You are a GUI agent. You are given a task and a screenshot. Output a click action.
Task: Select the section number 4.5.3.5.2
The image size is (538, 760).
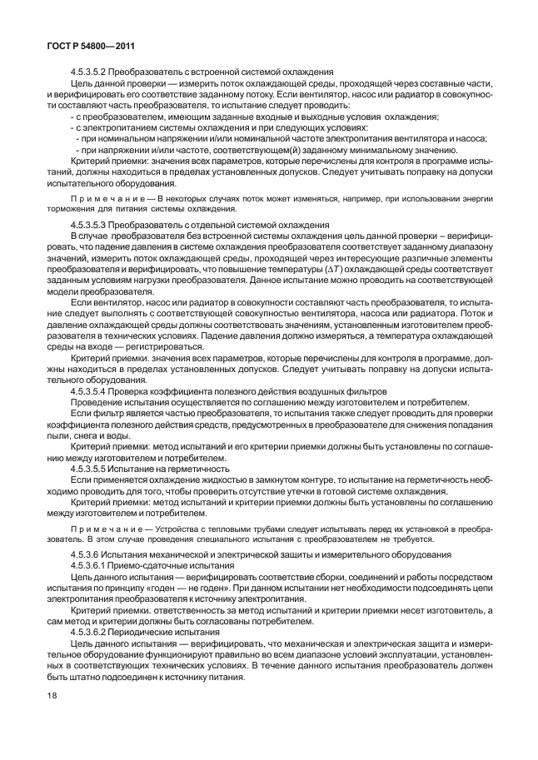(90, 72)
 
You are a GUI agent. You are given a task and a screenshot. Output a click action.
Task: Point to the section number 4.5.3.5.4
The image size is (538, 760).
(90, 390)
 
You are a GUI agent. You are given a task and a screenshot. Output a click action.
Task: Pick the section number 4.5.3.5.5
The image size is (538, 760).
(90, 468)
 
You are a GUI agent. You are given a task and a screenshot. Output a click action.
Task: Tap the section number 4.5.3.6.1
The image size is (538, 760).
(90, 565)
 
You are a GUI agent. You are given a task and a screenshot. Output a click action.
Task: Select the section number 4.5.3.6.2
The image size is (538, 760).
(90, 632)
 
